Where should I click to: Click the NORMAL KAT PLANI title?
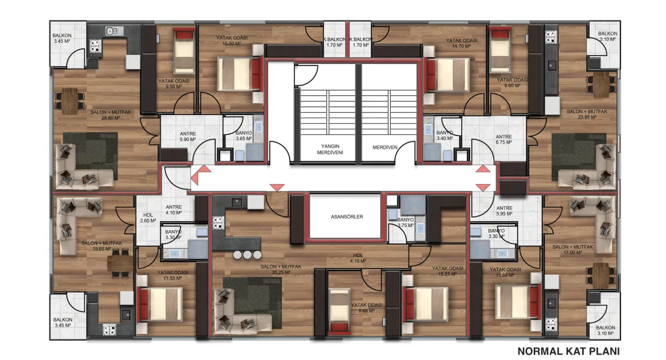(568, 351)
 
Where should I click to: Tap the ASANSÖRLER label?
(347, 217)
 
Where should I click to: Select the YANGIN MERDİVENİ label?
(330, 149)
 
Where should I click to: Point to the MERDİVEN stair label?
(385, 147)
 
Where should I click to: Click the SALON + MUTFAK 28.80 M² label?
(110, 115)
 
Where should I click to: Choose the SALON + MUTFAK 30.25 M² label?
(281, 270)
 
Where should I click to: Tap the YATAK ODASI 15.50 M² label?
(232, 40)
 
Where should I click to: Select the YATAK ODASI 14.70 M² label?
(461, 43)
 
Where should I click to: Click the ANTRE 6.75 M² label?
(504, 139)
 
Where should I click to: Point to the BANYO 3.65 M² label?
(244, 135)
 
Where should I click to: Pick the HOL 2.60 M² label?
(148, 217)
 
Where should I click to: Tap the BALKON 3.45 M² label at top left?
(62, 38)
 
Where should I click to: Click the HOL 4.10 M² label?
(357, 258)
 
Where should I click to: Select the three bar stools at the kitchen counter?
(248, 255)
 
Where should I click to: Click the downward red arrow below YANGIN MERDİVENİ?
(277, 187)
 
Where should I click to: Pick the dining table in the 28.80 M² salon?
(69, 100)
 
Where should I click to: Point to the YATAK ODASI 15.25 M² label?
(447, 271)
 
